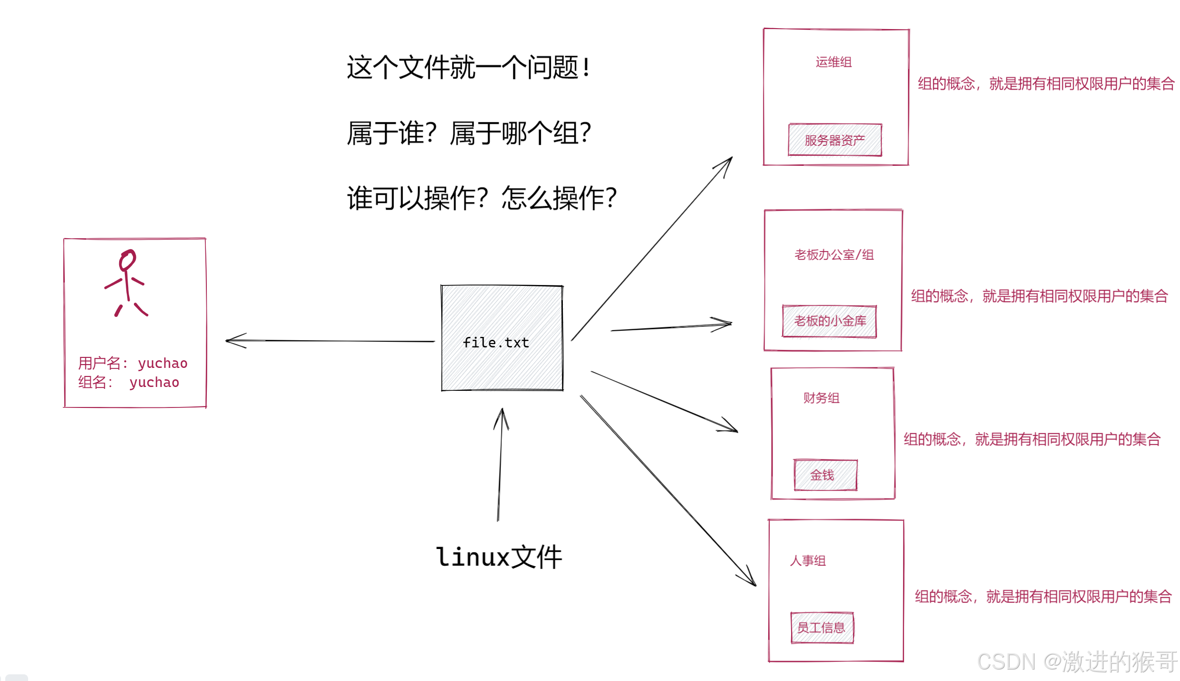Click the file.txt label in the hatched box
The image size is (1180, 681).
point(496,343)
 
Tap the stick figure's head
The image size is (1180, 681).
point(127,260)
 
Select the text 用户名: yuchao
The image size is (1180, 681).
point(132,363)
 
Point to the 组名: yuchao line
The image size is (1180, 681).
point(128,382)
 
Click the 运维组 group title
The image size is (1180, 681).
point(833,62)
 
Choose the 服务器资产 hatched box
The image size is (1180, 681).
point(834,140)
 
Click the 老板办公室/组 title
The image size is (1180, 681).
point(834,255)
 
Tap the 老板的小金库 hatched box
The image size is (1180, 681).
point(829,321)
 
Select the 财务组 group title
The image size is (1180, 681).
point(821,398)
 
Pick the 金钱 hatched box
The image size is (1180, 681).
point(825,475)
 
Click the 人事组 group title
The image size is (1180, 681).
point(808,561)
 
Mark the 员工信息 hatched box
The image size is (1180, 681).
point(822,628)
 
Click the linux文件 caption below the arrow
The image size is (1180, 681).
point(499,557)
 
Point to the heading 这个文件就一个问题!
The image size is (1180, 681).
point(468,67)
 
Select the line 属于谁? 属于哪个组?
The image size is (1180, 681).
point(468,133)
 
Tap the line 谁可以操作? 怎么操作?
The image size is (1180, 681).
point(481,198)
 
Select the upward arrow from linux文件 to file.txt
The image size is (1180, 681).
point(500,465)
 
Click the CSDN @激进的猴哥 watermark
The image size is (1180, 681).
point(1077,662)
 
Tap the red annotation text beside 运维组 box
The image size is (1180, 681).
point(1046,84)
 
